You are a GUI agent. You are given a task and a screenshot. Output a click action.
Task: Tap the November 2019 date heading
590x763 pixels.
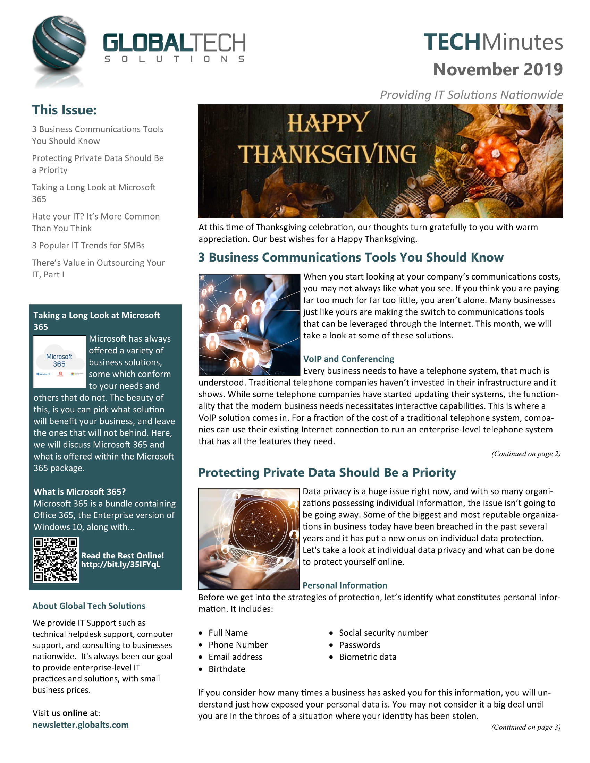pyautogui.click(x=497, y=69)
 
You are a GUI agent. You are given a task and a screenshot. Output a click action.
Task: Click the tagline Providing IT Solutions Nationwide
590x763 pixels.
pyautogui.click(x=471, y=95)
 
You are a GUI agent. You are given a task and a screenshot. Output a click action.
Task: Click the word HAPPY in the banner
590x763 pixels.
pyautogui.click(x=328, y=123)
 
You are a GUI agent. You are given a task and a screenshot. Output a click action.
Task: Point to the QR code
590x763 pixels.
pyautogui.click(x=56, y=560)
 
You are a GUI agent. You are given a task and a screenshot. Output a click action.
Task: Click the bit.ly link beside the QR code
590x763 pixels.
pyautogui.click(x=120, y=565)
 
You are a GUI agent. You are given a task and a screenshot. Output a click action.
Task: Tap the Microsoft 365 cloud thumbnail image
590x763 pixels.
pyautogui.click(x=59, y=362)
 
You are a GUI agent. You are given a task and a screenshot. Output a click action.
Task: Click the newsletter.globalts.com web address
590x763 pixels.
pyautogui.click(x=81, y=725)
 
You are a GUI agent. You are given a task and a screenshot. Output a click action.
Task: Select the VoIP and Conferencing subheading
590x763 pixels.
pyautogui.click(x=348, y=359)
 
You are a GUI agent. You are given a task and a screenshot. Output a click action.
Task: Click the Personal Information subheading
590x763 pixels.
pyautogui.click(x=345, y=585)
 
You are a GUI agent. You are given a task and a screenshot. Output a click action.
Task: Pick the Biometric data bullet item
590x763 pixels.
pyautogui.click(x=367, y=657)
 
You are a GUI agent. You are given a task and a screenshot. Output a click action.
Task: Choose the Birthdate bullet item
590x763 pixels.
pyautogui.click(x=227, y=669)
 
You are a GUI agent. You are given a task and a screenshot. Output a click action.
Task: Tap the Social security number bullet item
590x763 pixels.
pyautogui.click(x=383, y=633)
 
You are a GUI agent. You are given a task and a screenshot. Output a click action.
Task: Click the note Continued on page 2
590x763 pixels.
pyautogui.click(x=526, y=454)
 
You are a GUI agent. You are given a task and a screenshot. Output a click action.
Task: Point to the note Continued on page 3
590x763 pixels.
pyautogui.click(x=525, y=727)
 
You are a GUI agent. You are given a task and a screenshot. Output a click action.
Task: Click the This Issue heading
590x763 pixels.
pyautogui.click(x=64, y=110)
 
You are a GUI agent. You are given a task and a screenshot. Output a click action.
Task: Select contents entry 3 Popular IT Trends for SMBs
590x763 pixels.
pyautogui.click(x=88, y=245)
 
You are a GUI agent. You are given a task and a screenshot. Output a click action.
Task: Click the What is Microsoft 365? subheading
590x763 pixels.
pyautogui.click(x=79, y=491)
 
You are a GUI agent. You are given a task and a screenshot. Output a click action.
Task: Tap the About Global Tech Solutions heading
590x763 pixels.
pyautogui.click(x=89, y=606)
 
